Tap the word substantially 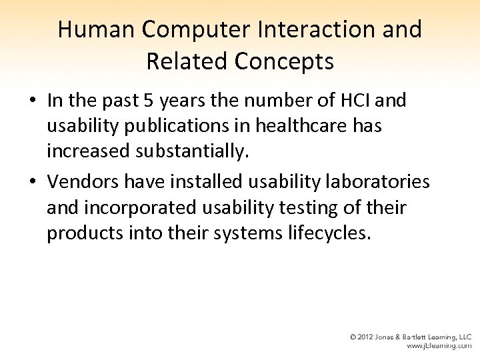click(194, 152)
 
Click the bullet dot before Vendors click(32, 183)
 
